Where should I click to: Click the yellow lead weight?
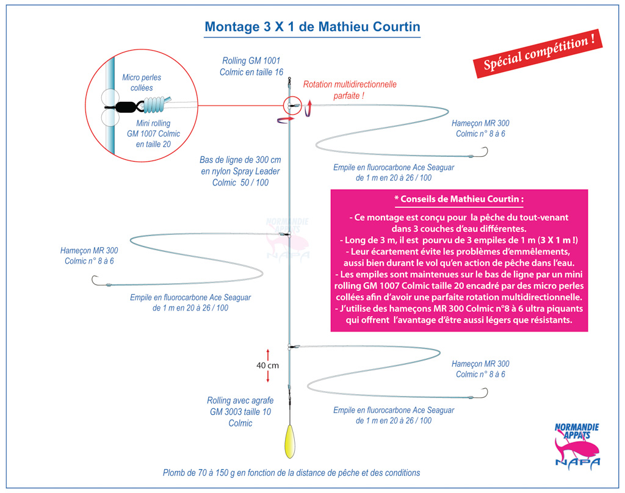pos(290,442)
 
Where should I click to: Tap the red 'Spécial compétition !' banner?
pos(538,54)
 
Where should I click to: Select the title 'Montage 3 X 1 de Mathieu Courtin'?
pos(312,27)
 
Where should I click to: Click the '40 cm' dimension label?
pos(267,365)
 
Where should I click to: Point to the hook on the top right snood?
pos(483,153)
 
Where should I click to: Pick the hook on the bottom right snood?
pos(483,394)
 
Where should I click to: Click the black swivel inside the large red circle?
pos(125,107)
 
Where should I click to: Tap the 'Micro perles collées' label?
pos(142,82)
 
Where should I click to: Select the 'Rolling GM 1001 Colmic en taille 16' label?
pos(251,66)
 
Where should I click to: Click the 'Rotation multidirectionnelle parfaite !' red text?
pos(350,90)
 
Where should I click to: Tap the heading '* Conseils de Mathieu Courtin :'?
pos(459,199)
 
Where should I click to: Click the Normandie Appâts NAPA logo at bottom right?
pos(577,445)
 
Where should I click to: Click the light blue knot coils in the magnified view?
pos(156,105)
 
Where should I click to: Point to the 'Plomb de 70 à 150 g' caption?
pos(291,473)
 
